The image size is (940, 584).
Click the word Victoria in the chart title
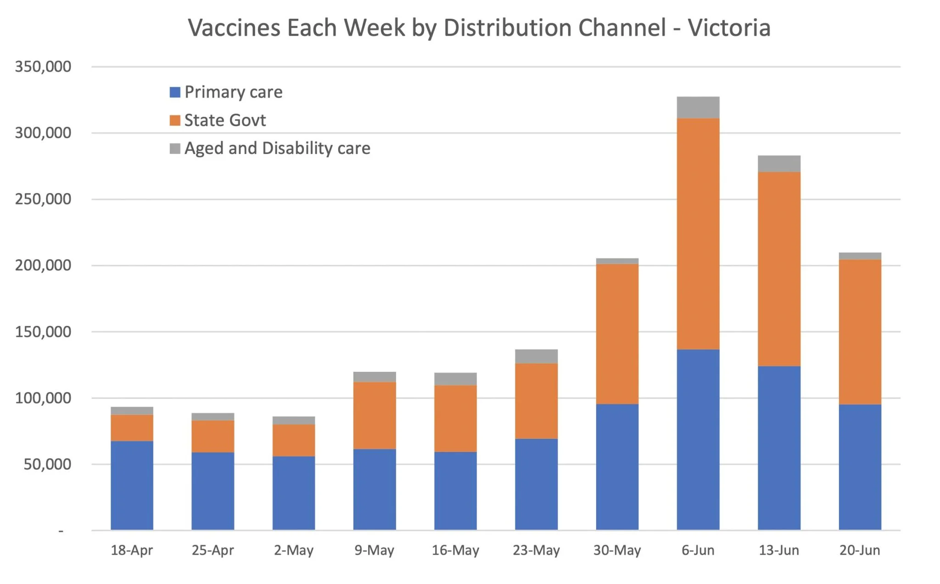tap(729, 28)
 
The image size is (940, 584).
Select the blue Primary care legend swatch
tap(175, 92)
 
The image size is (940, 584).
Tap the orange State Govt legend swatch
tap(175, 121)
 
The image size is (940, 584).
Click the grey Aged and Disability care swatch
tap(175, 149)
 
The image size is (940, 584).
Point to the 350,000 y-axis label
tap(43, 67)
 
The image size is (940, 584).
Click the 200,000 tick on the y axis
tap(43, 265)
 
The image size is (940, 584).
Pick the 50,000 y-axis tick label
tap(47, 464)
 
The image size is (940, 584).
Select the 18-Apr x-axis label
tap(132, 550)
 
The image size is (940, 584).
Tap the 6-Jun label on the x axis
tap(698, 550)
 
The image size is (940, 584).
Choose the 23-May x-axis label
tap(536, 550)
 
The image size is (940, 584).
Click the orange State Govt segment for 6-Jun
tap(698, 234)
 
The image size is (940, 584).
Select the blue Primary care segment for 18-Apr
tap(132, 485)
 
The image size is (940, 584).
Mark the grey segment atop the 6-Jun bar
tap(698, 108)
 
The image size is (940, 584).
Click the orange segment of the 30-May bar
tap(617, 334)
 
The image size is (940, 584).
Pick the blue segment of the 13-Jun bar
tap(779, 448)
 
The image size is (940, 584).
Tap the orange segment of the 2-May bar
tap(294, 440)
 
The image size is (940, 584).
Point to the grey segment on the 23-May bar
tap(536, 356)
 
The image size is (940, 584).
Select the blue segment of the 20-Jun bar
tap(860, 467)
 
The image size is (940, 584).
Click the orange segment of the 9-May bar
tap(375, 415)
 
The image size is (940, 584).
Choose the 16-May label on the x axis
tap(455, 550)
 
